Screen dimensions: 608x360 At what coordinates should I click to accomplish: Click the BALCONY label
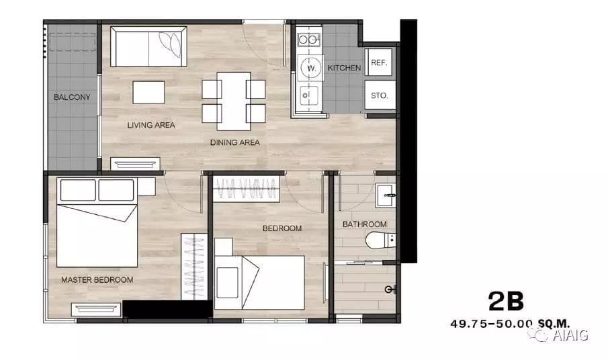72,97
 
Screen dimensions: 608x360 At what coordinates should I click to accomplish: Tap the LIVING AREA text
151,125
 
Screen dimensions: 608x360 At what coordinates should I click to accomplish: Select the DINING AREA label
234,142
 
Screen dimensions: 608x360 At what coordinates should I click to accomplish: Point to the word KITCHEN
344,68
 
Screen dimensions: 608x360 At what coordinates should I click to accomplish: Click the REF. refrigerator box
379,62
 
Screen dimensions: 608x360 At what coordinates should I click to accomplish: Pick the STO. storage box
380,95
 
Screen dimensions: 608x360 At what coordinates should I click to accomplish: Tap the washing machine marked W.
311,69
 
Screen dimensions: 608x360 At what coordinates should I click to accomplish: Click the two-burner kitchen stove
308,40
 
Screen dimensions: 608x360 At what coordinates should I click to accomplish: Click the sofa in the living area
148,46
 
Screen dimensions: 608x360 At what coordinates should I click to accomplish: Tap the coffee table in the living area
148,92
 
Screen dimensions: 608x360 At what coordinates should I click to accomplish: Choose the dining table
234,101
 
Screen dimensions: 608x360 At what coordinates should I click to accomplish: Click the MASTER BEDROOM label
97,279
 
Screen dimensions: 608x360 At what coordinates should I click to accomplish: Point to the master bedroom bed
97,222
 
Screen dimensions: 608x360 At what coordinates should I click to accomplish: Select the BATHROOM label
365,224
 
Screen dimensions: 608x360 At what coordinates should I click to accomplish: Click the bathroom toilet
380,240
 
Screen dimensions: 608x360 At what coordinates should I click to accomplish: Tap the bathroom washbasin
386,195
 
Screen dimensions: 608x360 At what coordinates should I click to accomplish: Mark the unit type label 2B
506,301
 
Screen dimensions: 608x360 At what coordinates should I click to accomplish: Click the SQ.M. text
554,324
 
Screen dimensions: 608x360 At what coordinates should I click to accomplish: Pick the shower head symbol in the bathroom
390,289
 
